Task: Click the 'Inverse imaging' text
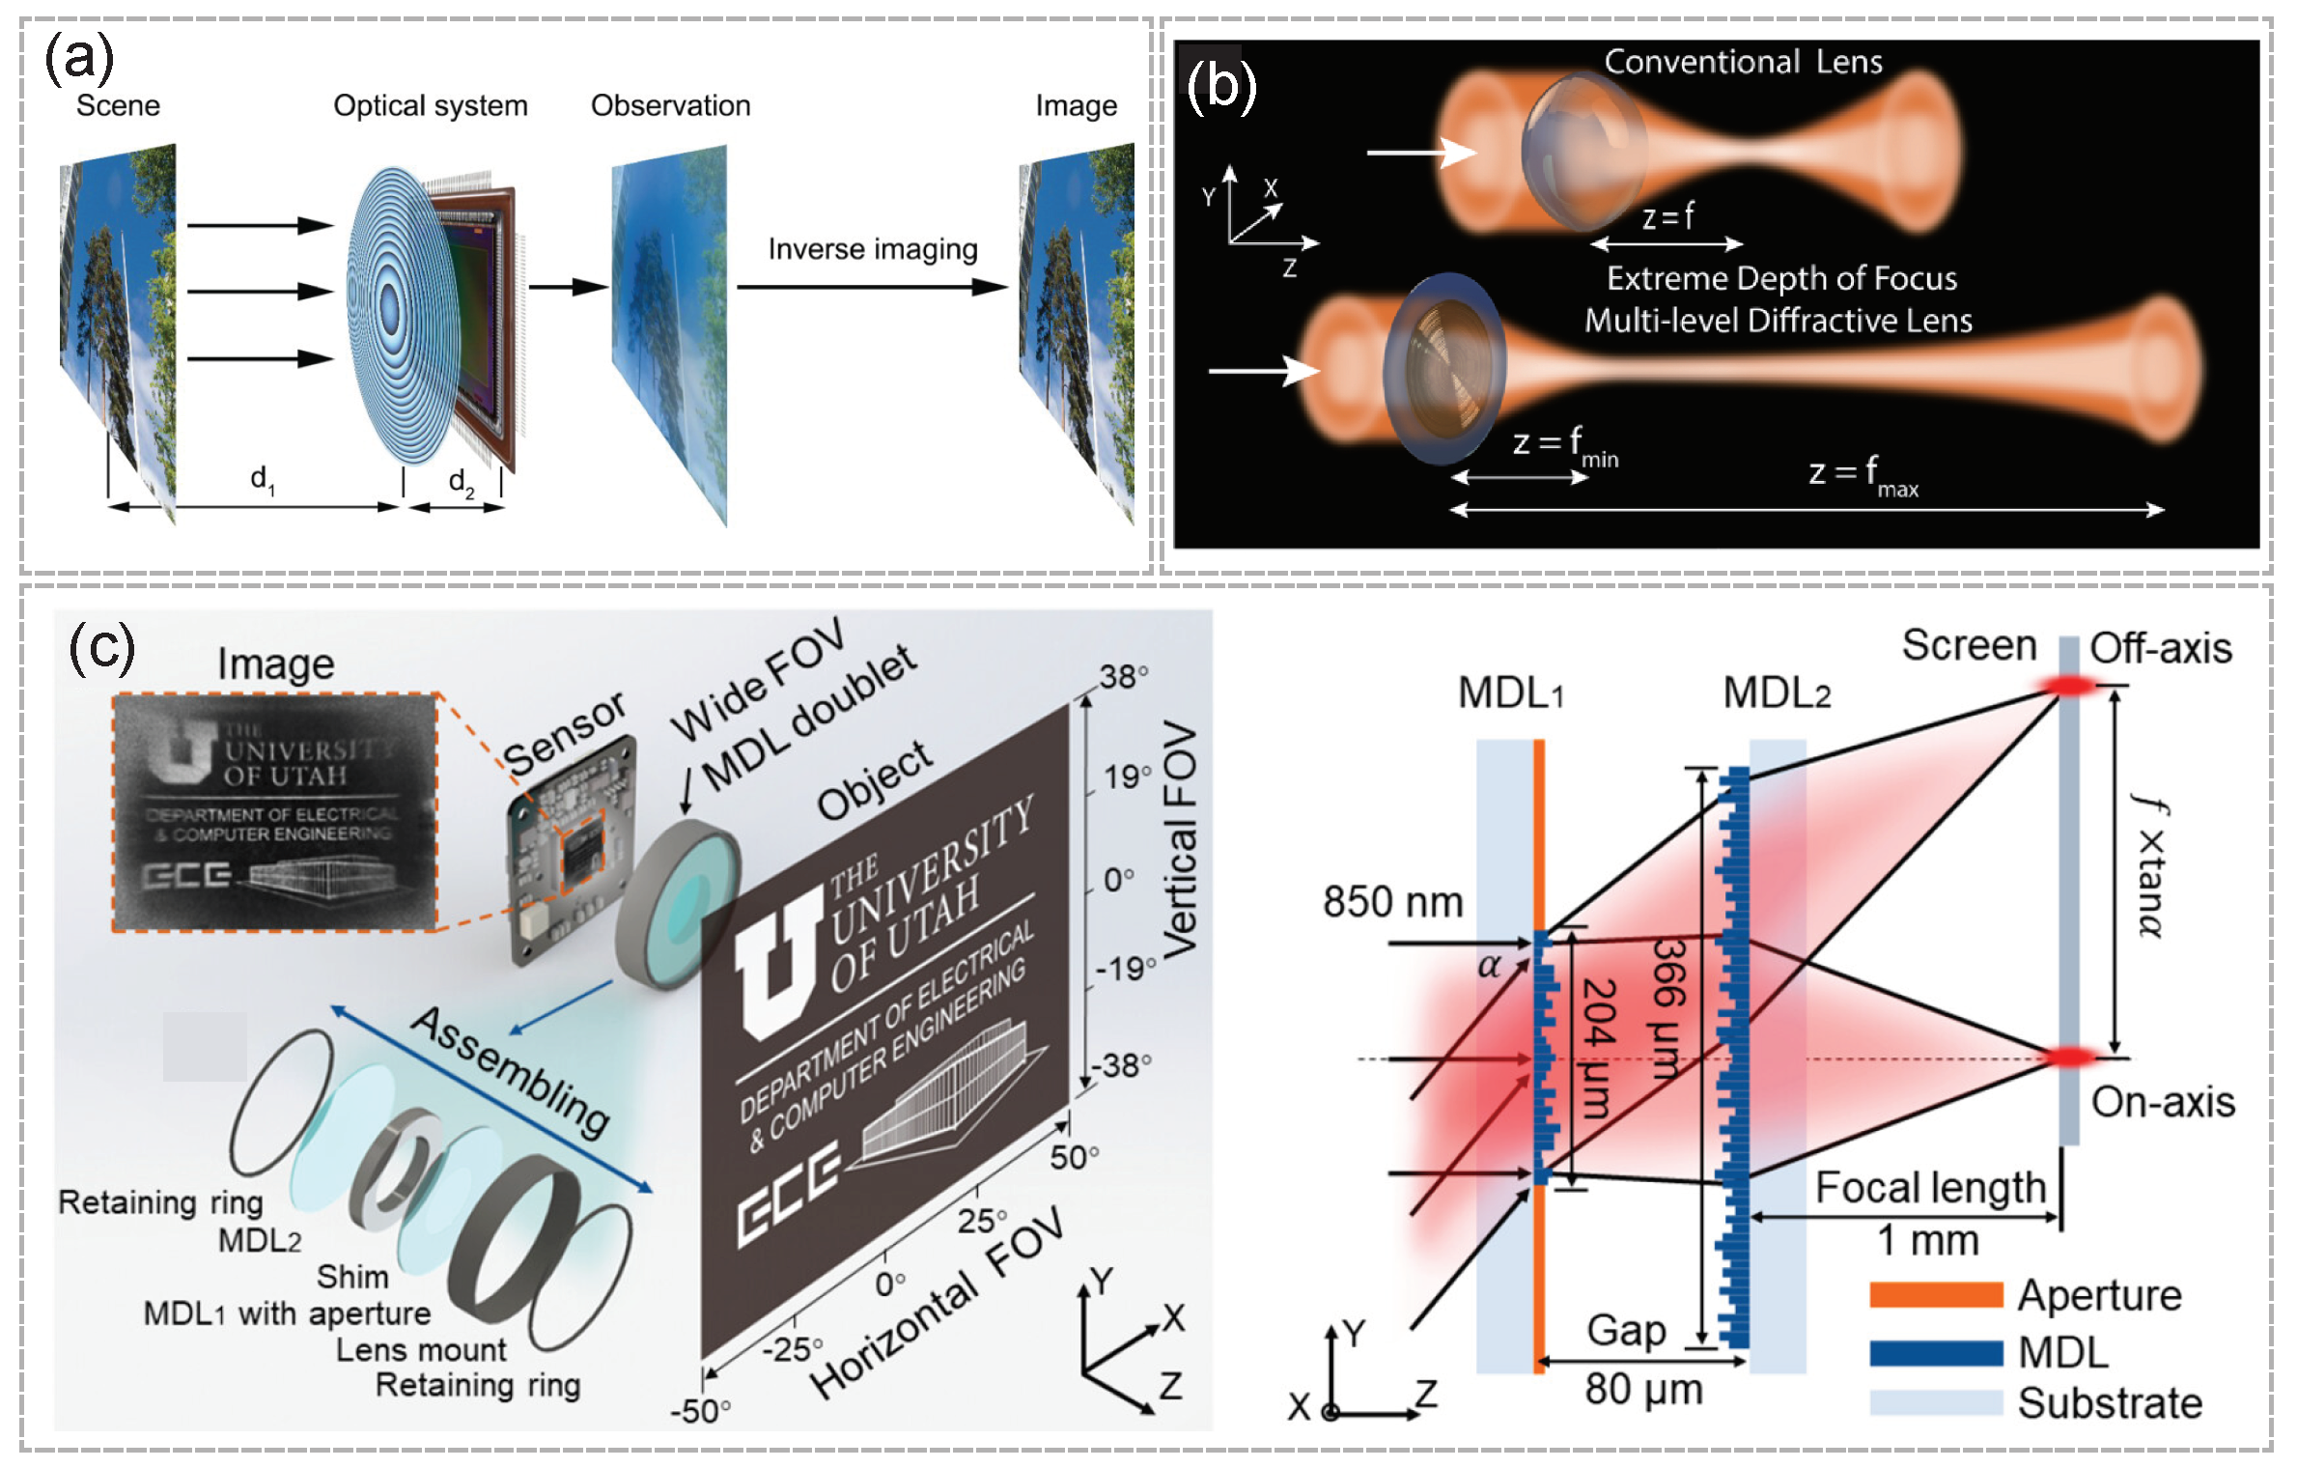(872, 249)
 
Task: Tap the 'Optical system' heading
(430, 105)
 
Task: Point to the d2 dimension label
(461, 481)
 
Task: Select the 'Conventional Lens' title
(1743, 62)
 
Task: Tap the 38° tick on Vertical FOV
(1123, 676)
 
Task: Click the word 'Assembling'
(510, 1072)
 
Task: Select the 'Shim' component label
(352, 1277)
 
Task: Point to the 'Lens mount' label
(421, 1349)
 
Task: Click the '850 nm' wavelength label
(1392, 902)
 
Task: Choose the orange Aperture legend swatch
(1935, 1295)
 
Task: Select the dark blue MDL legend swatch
(1935, 1352)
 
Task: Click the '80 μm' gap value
(1643, 1390)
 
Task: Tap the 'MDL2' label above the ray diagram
(1776, 692)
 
